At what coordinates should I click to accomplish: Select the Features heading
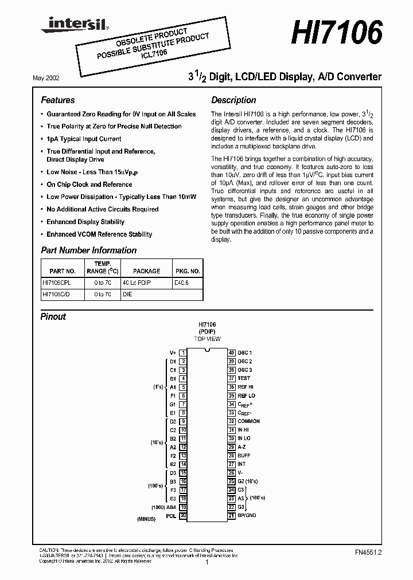point(57,100)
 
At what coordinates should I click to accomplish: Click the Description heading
point(233,100)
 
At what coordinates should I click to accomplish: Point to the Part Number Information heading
point(88,250)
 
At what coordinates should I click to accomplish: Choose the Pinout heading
point(53,316)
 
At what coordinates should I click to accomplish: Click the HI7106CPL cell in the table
point(59,283)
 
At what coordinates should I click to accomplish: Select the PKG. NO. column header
point(187,271)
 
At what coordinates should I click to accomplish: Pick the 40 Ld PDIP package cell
point(137,283)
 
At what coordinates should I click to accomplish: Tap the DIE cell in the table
point(127,295)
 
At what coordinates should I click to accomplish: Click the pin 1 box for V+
point(183,353)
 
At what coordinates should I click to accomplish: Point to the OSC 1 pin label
point(245,353)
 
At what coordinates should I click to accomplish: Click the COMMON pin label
point(249,421)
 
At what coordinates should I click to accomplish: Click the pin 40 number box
point(231,353)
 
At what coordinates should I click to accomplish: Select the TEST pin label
point(244,378)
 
